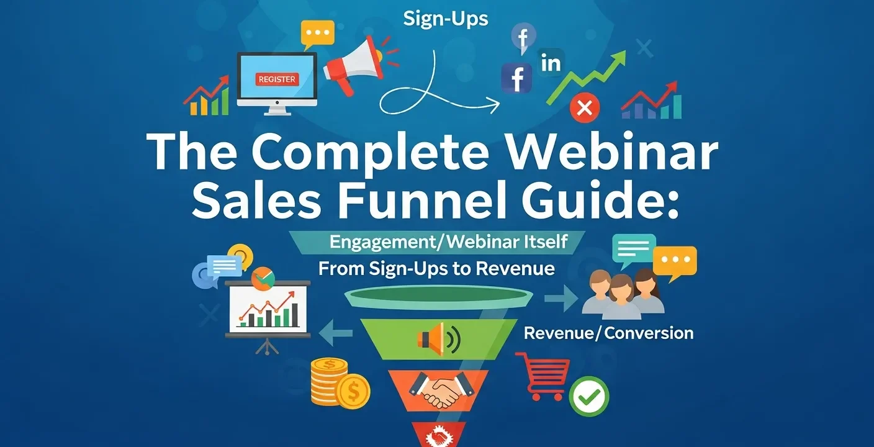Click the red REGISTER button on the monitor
point(277,79)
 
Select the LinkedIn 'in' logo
point(551,63)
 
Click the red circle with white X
point(584,108)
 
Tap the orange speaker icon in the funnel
point(437,338)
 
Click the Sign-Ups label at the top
point(445,19)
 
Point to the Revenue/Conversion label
point(608,333)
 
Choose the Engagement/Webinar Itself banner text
point(448,242)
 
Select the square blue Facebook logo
point(517,79)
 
